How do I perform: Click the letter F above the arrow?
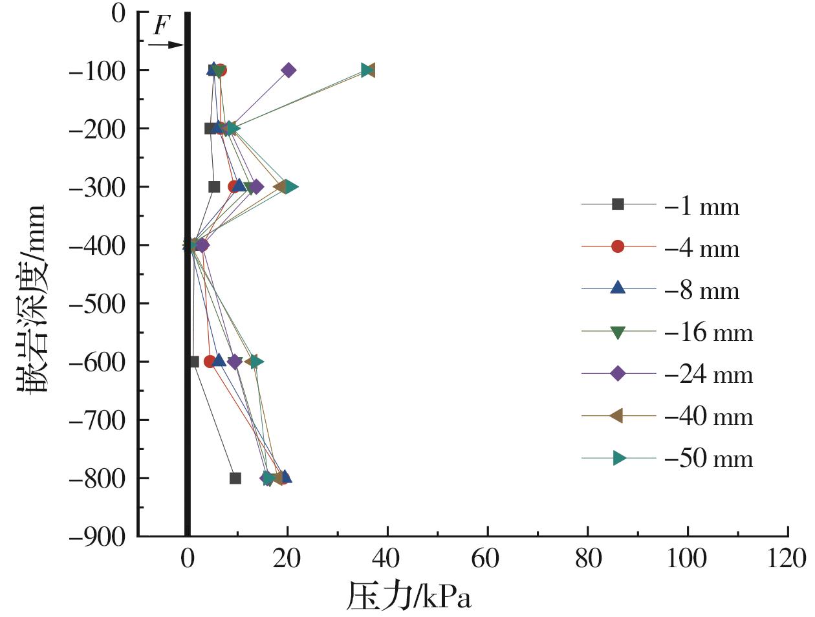pyautogui.click(x=162, y=26)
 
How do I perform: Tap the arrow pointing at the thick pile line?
pyautogui.click(x=166, y=45)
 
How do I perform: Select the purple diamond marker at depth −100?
pyautogui.click(x=288, y=70)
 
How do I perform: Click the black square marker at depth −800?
pyautogui.click(x=235, y=478)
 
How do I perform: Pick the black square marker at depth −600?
pyautogui.click(x=193, y=362)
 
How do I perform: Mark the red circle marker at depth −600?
pyautogui.click(x=210, y=362)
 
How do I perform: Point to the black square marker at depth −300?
pyautogui.click(x=214, y=187)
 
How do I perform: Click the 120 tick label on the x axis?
pyautogui.click(x=787, y=557)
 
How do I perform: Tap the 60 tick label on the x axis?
pyautogui.click(x=487, y=557)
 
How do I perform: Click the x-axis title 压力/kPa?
pyautogui.click(x=409, y=596)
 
